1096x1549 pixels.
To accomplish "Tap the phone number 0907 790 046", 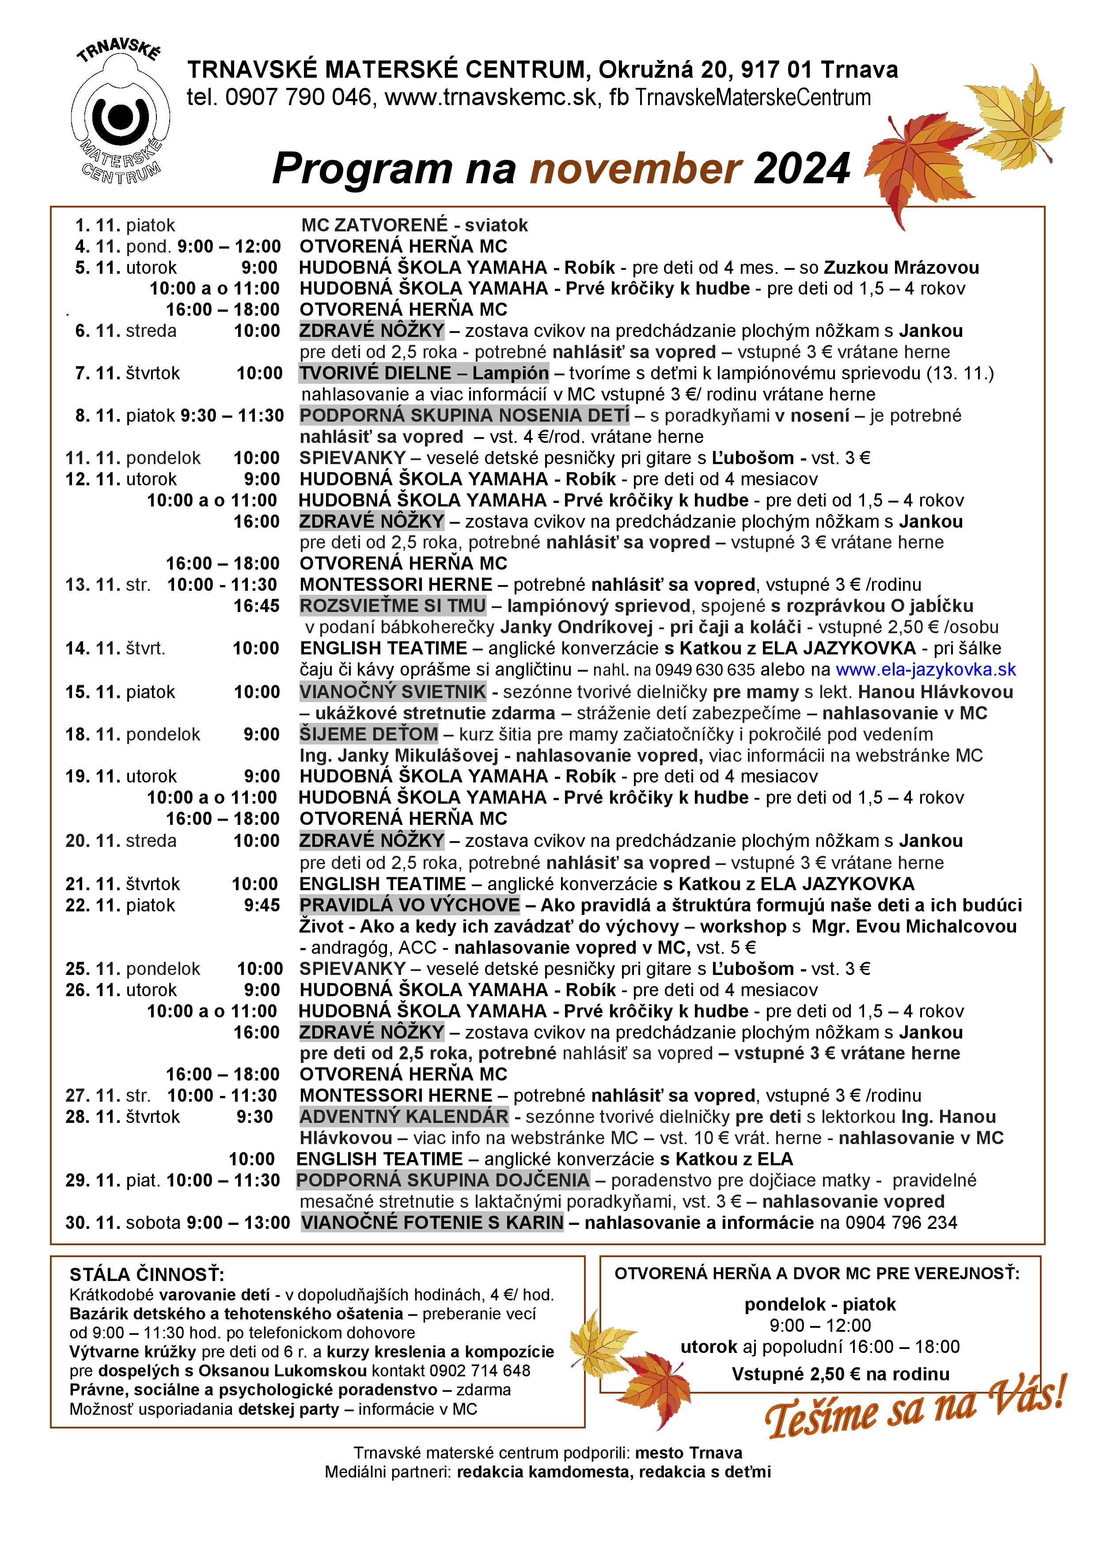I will coord(298,98).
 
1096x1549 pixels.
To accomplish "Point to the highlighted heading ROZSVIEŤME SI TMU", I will coord(393,606).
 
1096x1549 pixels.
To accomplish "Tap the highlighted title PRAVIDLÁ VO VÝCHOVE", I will coord(410,905).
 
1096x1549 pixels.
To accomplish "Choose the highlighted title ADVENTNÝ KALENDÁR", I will coord(404,1117).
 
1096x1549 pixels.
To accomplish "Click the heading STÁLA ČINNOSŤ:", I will coord(147,1274).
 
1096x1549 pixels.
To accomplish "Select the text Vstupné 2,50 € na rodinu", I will coord(840,1374).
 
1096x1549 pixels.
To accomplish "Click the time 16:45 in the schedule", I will coord(257,606).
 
